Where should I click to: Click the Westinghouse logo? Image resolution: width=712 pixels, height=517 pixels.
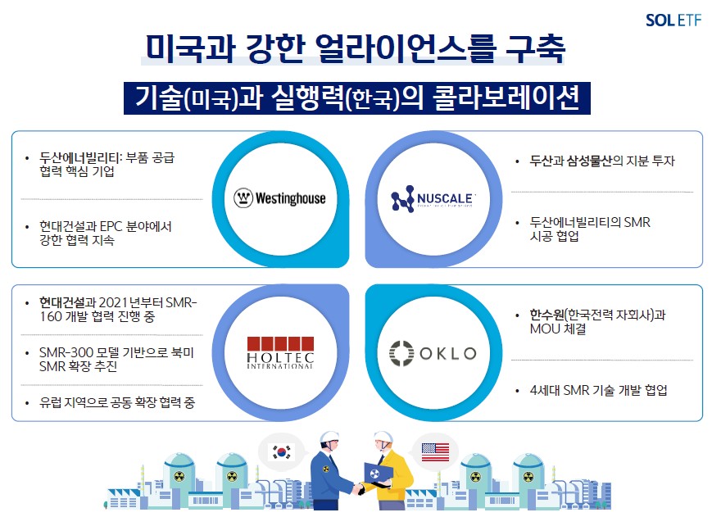point(279,198)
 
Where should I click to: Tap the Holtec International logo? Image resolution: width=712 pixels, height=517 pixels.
point(279,353)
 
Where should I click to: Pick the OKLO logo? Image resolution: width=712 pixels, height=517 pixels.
point(432,354)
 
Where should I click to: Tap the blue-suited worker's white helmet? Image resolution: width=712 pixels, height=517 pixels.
point(329,438)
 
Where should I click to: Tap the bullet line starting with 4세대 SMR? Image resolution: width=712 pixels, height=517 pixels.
point(598,390)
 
